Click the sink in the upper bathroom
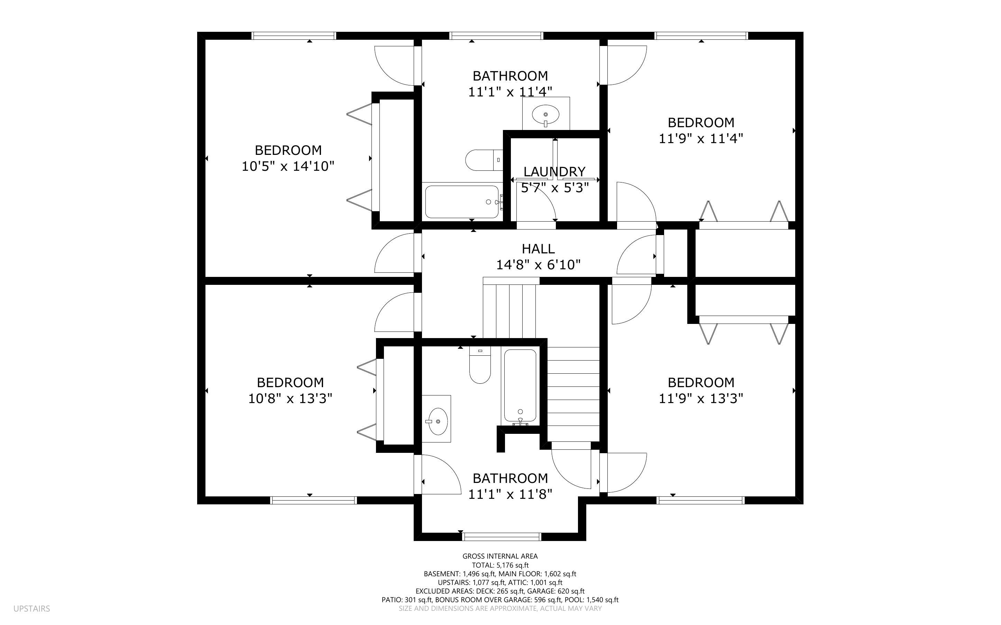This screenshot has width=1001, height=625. click(x=545, y=114)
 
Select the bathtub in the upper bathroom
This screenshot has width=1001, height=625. click(x=462, y=202)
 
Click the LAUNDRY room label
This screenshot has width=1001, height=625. click(x=554, y=171)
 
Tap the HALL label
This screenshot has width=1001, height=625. click(x=538, y=249)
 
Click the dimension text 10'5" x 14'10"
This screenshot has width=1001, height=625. click(x=288, y=166)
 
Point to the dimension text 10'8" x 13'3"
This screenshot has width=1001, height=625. click(x=290, y=399)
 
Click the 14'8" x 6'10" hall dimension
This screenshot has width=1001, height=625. click(x=538, y=264)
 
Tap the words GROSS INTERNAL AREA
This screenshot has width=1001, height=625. click(x=500, y=557)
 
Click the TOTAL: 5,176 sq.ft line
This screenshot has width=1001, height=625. click(x=500, y=565)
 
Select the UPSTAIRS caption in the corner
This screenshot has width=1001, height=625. click(x=31, y=608)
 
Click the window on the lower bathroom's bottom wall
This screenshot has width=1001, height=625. click(x=502, y=537)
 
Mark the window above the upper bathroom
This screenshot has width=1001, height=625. click(x=496, y=36)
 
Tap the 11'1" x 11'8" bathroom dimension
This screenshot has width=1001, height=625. click(x=510, y=494)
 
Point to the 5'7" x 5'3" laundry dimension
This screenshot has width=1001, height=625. click(x=554, y=188)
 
